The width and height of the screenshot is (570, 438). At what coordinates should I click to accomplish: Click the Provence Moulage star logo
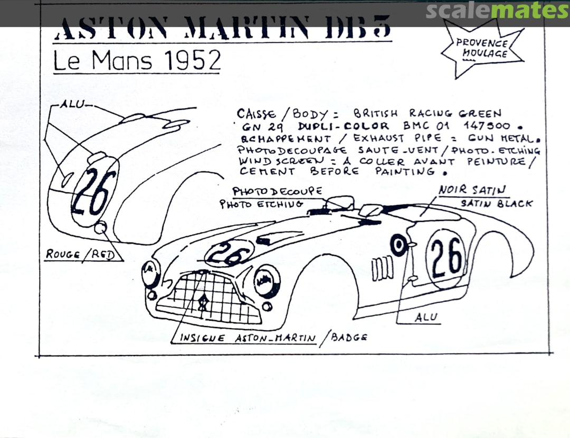click(481, 48)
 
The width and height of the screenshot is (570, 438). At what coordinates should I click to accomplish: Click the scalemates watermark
click(497, 11)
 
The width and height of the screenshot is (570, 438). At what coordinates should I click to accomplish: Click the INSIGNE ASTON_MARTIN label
click(248, 338)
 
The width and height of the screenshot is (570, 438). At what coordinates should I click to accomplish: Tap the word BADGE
click(349, 337)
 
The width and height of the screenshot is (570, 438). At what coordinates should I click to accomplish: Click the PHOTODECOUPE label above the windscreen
click(277, 191)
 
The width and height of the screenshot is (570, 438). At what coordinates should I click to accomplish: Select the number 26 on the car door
click(446, 256)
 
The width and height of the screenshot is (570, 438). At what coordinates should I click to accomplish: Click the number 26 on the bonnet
click(231, 253)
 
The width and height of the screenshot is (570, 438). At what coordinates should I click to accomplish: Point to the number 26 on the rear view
click(95, 192)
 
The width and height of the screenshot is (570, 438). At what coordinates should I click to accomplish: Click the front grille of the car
click(211, 299)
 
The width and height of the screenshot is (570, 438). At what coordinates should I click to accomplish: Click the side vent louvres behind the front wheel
click(382, 268)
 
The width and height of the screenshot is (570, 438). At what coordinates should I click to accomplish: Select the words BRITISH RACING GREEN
click(427, 113)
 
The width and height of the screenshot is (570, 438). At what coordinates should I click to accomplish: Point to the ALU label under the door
click(425, 317)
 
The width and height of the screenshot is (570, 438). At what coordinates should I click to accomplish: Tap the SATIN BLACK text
click(496, 203)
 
